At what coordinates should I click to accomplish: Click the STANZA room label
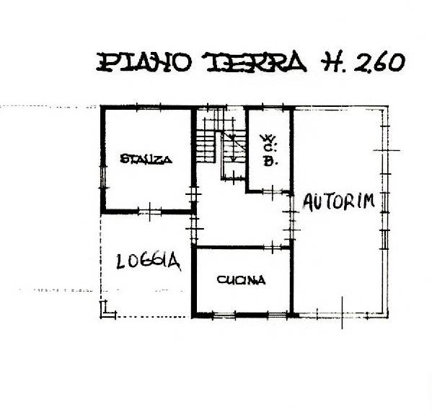coord(146,160)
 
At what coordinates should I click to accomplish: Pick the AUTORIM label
coord(338,201)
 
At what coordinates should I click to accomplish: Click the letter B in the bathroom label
coord(269,162)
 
